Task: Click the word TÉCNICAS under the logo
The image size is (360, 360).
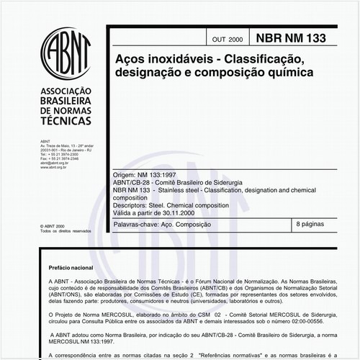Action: click(66, 124)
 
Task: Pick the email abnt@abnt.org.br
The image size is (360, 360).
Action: click(55, 163)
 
